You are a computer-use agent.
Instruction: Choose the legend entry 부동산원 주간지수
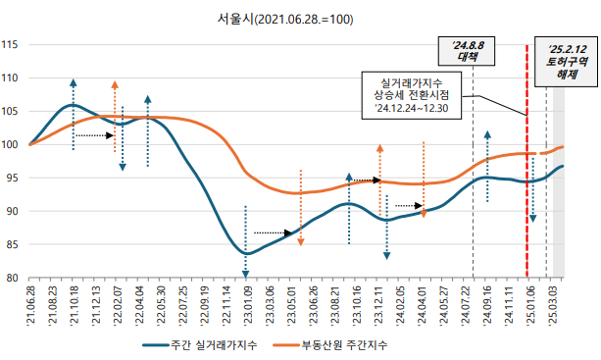click(331, 345)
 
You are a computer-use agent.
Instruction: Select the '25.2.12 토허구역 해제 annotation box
click(567, 60)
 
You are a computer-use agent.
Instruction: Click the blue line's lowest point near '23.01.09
click(247, 253)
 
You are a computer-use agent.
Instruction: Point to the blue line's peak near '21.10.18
click(74, 105)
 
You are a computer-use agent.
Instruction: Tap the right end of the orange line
click(563, 147)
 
